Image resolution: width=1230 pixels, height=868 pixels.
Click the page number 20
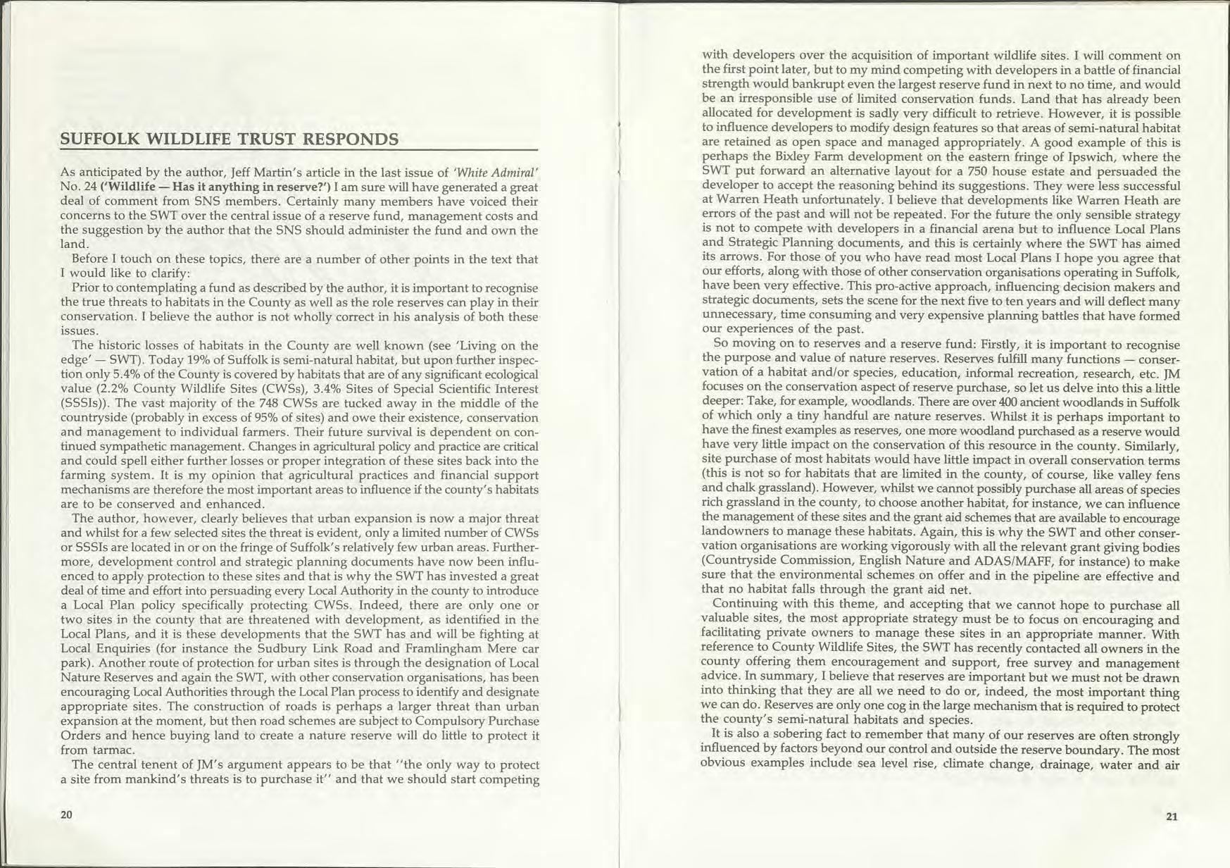coord(66,814)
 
